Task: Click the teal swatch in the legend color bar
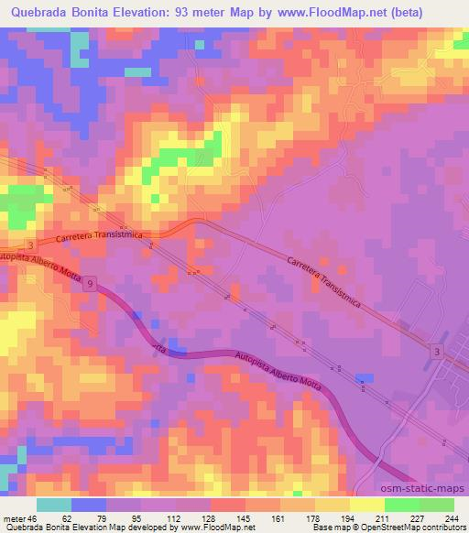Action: [x=54, y=505]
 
